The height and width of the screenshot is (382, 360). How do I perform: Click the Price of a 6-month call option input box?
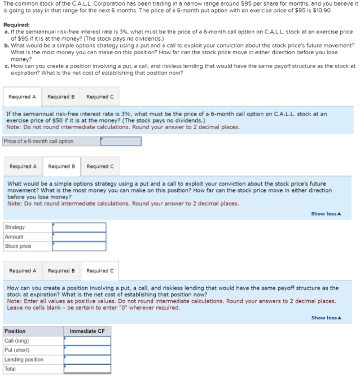click(121, 141)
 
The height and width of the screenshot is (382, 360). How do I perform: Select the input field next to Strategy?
click(79, 227)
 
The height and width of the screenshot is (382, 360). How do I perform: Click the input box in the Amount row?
click(79, 237)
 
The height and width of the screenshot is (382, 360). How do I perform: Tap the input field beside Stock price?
click(79, 247)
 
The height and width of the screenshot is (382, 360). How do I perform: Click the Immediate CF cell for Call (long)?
click(87, 341)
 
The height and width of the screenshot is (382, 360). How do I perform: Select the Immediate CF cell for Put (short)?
click(87, 350)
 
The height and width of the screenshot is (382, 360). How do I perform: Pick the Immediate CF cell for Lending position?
click(87, 359)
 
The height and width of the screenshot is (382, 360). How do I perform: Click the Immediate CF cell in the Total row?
click(87, 369)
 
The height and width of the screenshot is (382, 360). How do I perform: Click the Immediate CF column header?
click(87, 331)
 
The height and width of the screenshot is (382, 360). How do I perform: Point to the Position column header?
click(15, 331)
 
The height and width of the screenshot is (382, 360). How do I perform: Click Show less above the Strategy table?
click(326, 214)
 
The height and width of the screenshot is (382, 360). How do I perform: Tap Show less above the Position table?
click(326, 318)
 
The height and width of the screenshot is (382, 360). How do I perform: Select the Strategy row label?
click(14, 227)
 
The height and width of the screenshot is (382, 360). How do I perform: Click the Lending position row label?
click(24, 359)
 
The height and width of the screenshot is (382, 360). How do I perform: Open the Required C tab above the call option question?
click(99, 96)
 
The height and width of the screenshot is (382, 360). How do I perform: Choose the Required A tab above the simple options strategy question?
click(23, 166)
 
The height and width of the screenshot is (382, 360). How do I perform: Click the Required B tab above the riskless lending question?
click(62, 271)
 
